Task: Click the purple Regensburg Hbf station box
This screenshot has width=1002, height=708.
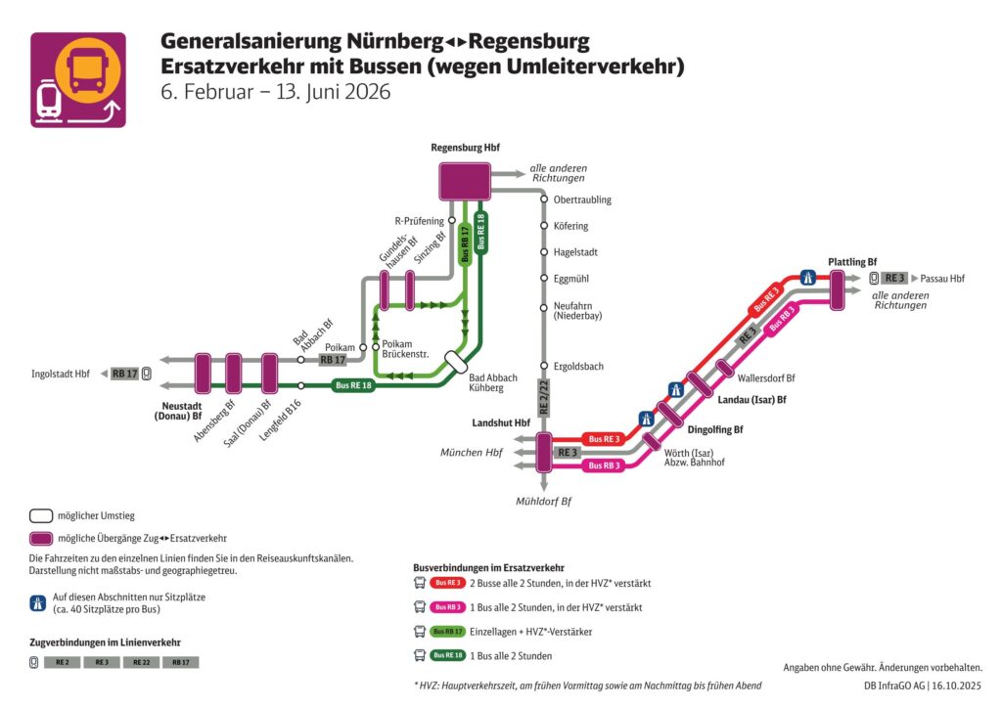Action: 465,182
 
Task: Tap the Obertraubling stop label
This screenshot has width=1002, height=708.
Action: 582,200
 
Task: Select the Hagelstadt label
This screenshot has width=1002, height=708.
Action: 575,252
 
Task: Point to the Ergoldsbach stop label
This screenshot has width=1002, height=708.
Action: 578,367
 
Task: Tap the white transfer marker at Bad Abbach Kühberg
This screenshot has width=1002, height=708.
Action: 456,362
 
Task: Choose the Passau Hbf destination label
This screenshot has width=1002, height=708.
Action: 942,279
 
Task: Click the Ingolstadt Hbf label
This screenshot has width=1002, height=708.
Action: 61,374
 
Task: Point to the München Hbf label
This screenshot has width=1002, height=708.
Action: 472,453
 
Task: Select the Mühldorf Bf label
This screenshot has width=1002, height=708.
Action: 543,501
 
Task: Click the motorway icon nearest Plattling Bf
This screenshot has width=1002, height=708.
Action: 808,278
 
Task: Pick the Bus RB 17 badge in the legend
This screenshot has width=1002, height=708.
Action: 449,632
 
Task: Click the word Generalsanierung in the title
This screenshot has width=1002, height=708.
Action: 250,42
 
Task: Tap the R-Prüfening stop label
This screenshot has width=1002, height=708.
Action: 419,221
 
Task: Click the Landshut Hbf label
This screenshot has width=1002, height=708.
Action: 501,422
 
